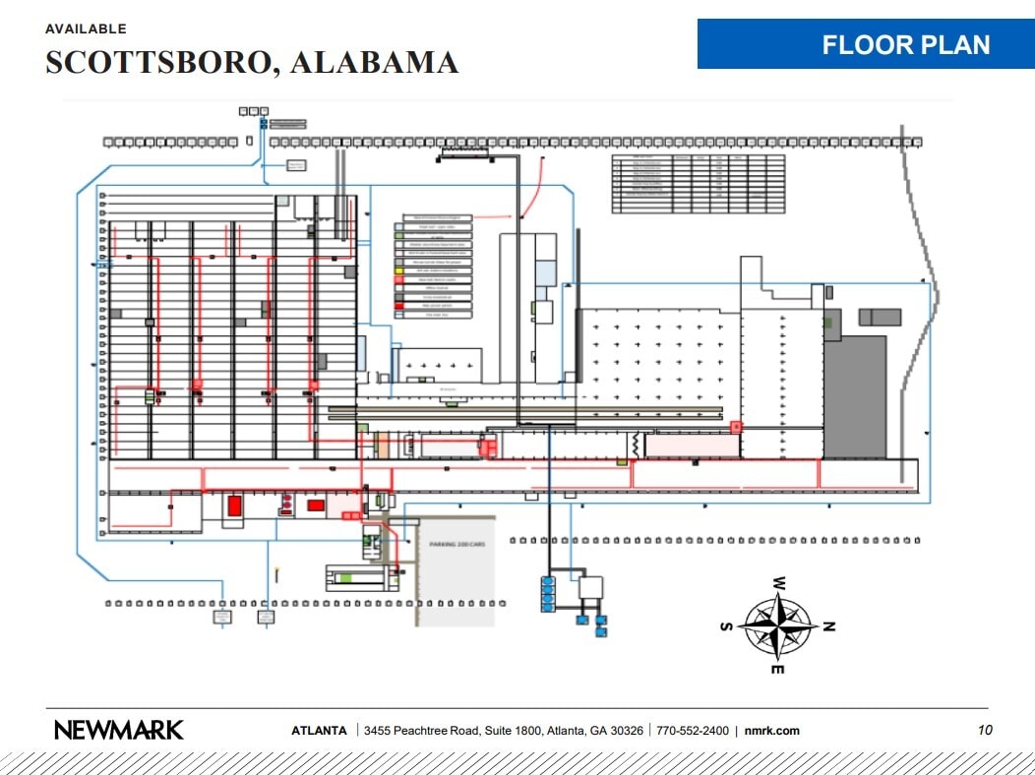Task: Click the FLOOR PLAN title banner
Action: click(x=866, y=44)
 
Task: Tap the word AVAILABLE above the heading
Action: click(x=86, y=30)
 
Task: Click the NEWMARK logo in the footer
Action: click(x=118, y=730)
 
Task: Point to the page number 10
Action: click(x=985, y=730)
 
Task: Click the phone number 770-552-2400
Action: click(x=693, y=731)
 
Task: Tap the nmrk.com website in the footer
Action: click(x=772, y=731)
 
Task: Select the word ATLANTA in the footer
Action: click(x=319, y=731)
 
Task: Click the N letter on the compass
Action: click(x=828, y=626)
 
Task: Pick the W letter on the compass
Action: click(x=778, y=581)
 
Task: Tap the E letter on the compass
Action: click(x=777, y=670)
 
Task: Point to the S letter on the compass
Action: click(x=727, y=626)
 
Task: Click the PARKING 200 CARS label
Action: click(x=453, y=544)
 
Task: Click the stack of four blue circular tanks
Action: click(x=548, y=594)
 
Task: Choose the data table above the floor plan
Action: click(x=699, y=183)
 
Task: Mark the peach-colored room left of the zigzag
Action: click(x=692, y=446)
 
